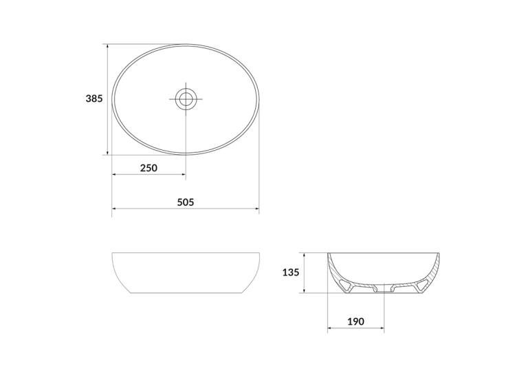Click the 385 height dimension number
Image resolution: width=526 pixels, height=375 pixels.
click(x=94, y=98)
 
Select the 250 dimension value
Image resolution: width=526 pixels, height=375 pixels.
click(x=149, y=168)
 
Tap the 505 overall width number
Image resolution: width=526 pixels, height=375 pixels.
click(x=186, y=202)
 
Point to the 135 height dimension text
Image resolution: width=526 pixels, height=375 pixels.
click(x=291, y=272)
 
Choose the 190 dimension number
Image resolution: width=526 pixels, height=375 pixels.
click(x=355, y=321)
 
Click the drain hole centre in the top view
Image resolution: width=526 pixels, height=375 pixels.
click(x=186, y=99)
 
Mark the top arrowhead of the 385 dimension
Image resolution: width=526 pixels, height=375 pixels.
click(x=107, y=46)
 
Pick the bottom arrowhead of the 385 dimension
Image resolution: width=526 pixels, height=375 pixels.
click(x=107, y=153)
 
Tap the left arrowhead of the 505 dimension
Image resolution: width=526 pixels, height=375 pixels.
click(x=114, y=208)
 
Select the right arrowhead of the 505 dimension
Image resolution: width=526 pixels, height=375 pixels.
click(x=256, y=208)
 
